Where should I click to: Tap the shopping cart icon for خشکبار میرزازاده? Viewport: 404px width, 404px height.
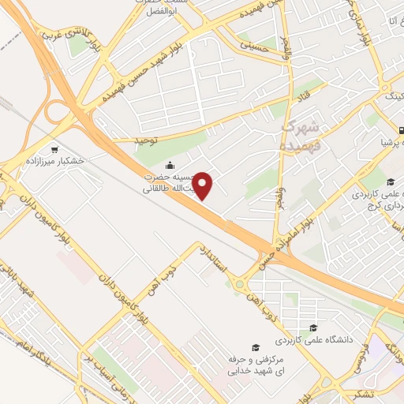tap(54, 148)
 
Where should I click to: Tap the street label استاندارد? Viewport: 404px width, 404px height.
tap(215, 260)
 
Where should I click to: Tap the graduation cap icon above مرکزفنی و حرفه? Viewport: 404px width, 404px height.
tap(255, 347)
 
